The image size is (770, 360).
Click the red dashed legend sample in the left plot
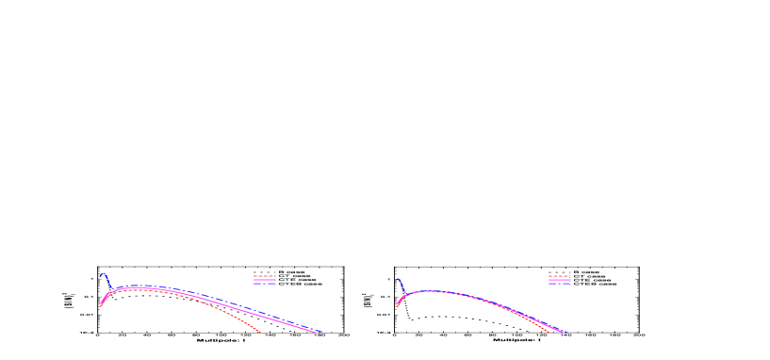[263, 276]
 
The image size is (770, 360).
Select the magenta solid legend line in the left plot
[263, 279]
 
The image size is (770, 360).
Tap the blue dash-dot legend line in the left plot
[263, 283]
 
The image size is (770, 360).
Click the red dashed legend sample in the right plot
[558, 276]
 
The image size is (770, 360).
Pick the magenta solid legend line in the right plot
[558, 279]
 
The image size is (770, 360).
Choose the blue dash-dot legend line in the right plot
[558, 283]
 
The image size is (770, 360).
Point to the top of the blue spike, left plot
[103, 273]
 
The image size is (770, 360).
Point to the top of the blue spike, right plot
[398, 279]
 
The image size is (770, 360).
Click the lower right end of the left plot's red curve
[261, 333]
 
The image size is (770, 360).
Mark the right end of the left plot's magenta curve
[316, 333]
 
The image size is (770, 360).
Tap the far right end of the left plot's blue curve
[326, 333]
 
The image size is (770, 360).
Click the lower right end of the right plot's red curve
[549, 333]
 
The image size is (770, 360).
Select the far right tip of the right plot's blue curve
[565, 333]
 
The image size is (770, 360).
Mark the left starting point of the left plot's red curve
[100, 306]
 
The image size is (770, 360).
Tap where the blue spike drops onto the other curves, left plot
[113, 290]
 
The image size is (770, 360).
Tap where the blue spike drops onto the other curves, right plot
[405, 295]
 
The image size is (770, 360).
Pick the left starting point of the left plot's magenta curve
[101, 303]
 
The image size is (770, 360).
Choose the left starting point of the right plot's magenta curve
[397, 304]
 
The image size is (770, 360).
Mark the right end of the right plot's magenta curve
[563, 332]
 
